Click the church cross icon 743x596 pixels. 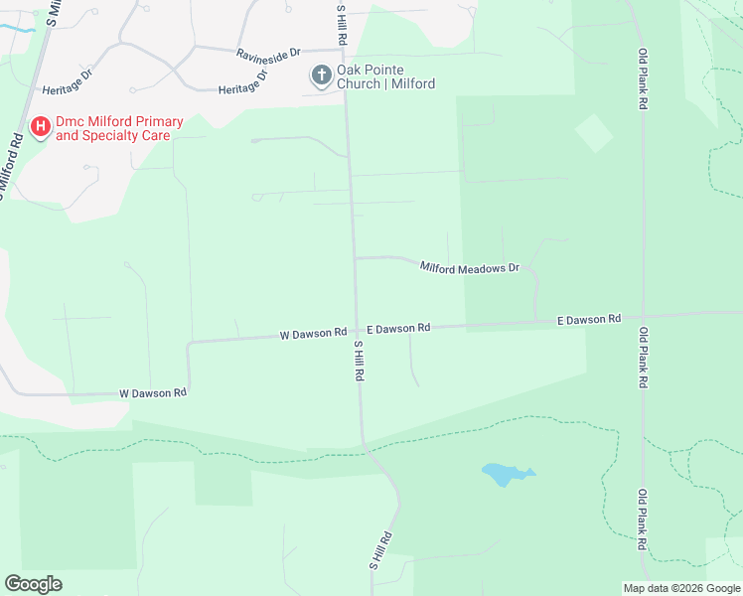coord(321,75)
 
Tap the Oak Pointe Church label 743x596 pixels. coord(385,76)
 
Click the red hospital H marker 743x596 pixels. coord(41,127)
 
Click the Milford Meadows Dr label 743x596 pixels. coord(470,267)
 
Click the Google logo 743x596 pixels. coord(33,584)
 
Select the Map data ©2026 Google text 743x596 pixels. coord(681,588)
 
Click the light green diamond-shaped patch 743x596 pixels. coord(594,133)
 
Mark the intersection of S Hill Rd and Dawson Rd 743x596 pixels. coord(357,333)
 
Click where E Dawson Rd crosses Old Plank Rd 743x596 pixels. coord(644,316)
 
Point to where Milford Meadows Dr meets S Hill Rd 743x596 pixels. coord(355,257)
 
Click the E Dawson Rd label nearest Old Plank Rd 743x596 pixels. coord(589,319)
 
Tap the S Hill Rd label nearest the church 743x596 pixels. coord(342,22)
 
